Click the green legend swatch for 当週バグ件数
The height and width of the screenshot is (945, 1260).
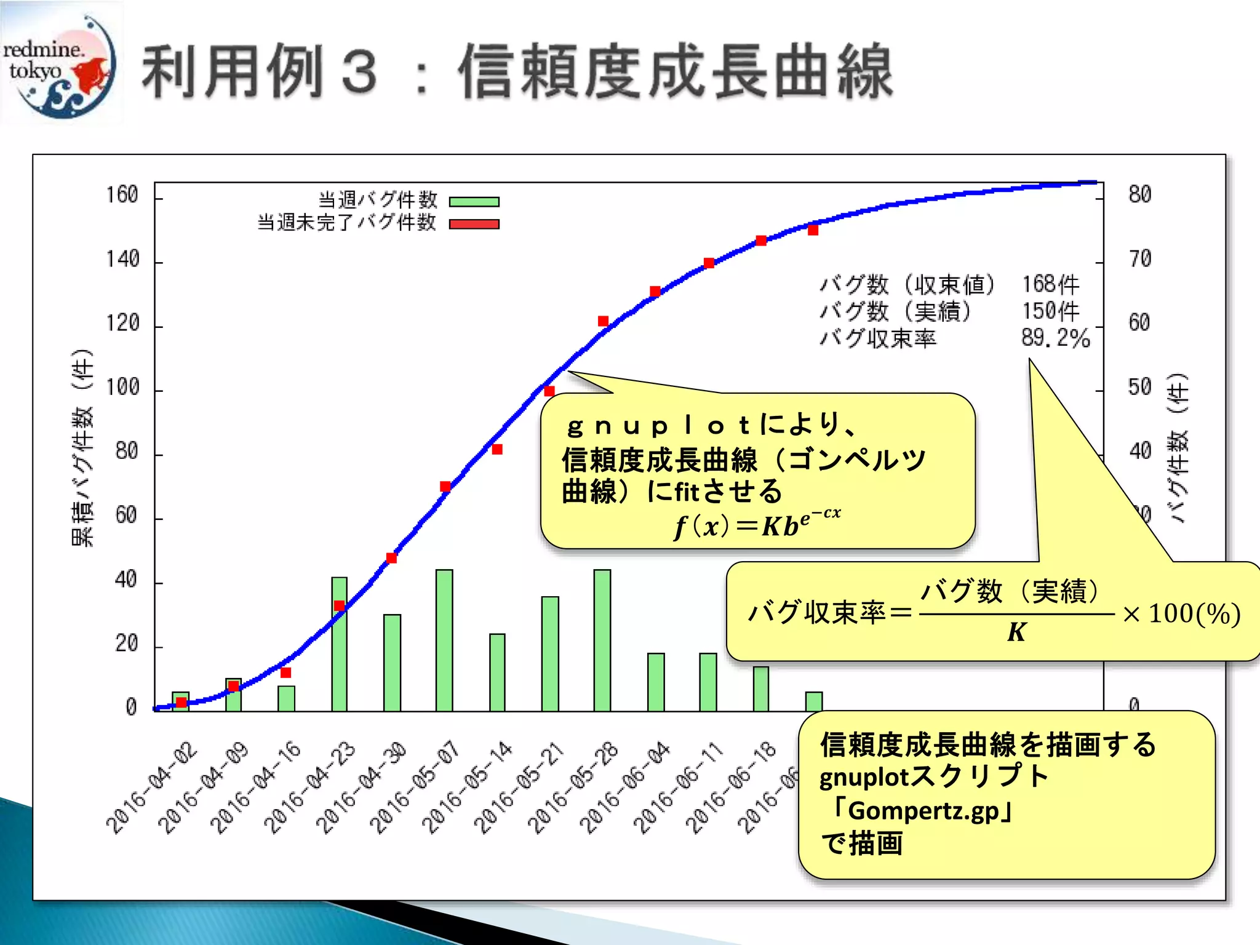474,202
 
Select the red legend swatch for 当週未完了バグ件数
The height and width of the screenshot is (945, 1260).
474,224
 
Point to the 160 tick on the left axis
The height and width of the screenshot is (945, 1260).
122,195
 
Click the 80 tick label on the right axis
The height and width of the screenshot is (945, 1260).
1139,194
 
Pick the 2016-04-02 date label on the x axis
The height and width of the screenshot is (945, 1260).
152,789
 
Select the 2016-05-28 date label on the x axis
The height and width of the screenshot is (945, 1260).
573,789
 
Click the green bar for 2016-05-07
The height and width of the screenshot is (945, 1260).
444,640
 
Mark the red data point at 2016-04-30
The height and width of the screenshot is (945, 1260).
391,558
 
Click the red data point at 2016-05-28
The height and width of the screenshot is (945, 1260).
603,321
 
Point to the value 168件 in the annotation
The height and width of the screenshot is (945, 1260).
1050,284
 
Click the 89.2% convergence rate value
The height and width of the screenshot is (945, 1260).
1055,338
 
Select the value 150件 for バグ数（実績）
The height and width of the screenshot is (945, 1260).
1050,311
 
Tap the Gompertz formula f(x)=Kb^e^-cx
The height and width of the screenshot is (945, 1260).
757,524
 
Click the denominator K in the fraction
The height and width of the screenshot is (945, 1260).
1016,632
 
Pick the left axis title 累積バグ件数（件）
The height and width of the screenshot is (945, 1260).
82,447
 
